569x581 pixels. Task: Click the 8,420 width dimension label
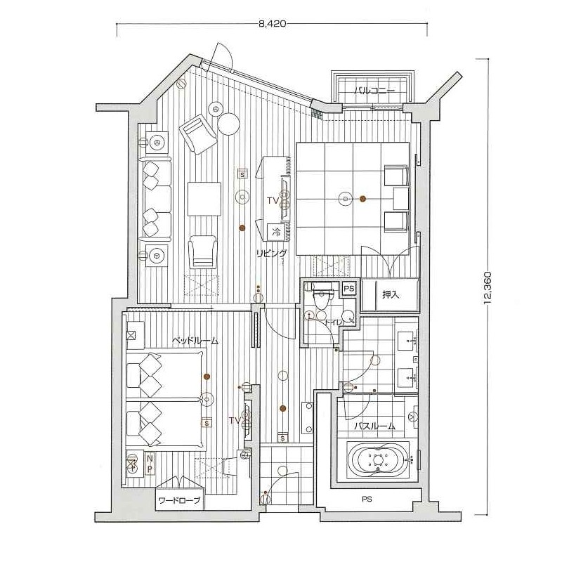point(273,24)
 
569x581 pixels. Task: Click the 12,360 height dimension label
point(488,287)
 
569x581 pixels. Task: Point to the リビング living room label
point(272,254)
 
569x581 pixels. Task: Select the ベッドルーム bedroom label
point(195,341)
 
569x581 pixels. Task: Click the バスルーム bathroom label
point(374,426)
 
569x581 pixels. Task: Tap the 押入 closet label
point(391,294)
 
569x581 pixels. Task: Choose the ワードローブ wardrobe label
point(179,501)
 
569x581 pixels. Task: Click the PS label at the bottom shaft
point(367,499)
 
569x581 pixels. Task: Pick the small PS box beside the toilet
point(349,288)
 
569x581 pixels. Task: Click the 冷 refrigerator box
point(276,233)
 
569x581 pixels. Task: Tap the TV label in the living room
point(273,201)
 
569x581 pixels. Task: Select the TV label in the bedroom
point(235,421)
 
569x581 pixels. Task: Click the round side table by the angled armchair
point(228,124)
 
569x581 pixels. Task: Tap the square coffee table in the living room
point(204,199)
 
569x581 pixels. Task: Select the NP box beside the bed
point(150,464)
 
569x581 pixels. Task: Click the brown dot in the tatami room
point(363,199)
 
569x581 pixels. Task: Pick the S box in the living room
point(242,174)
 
